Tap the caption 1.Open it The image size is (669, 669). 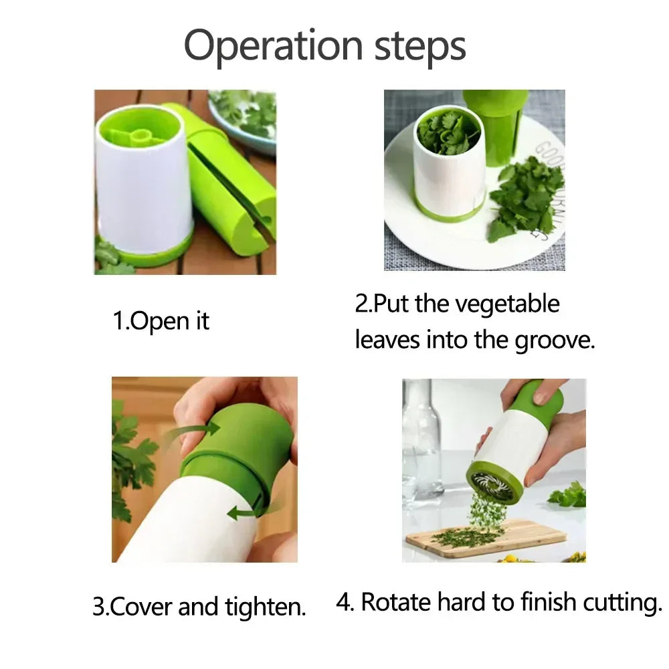[x=161, y=321]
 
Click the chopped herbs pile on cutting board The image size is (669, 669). [x=468, y=535]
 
